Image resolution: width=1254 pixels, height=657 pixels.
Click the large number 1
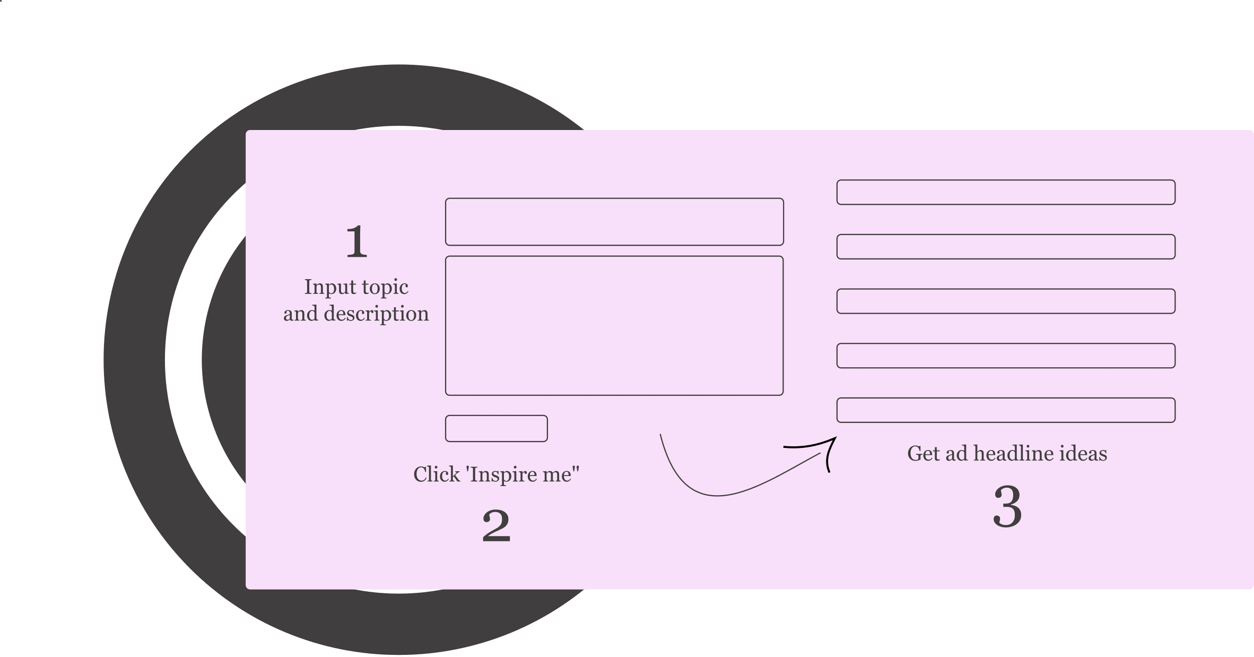coord(356,241)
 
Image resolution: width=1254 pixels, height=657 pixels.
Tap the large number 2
coord(496,526)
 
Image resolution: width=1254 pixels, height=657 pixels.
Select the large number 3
coord(1007,507)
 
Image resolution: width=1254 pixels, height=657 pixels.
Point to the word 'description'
coord(376,314)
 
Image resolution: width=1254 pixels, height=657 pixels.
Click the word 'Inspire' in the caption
coord(503,475)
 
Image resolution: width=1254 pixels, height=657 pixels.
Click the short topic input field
coord(614,222)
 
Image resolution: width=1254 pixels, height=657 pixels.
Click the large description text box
coord(614,326)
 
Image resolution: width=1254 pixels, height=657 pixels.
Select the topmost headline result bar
coord(1006,192)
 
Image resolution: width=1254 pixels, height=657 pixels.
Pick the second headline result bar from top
coord(1006,247)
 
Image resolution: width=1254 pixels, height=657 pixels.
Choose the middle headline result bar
coord(1006,301)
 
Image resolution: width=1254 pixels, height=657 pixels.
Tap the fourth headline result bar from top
coord(1006,356)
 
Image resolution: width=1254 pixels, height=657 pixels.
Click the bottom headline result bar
coord(1006,410)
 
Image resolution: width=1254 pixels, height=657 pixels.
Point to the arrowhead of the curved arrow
coord(836,437)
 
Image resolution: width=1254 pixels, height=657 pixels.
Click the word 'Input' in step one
coord(330,287)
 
